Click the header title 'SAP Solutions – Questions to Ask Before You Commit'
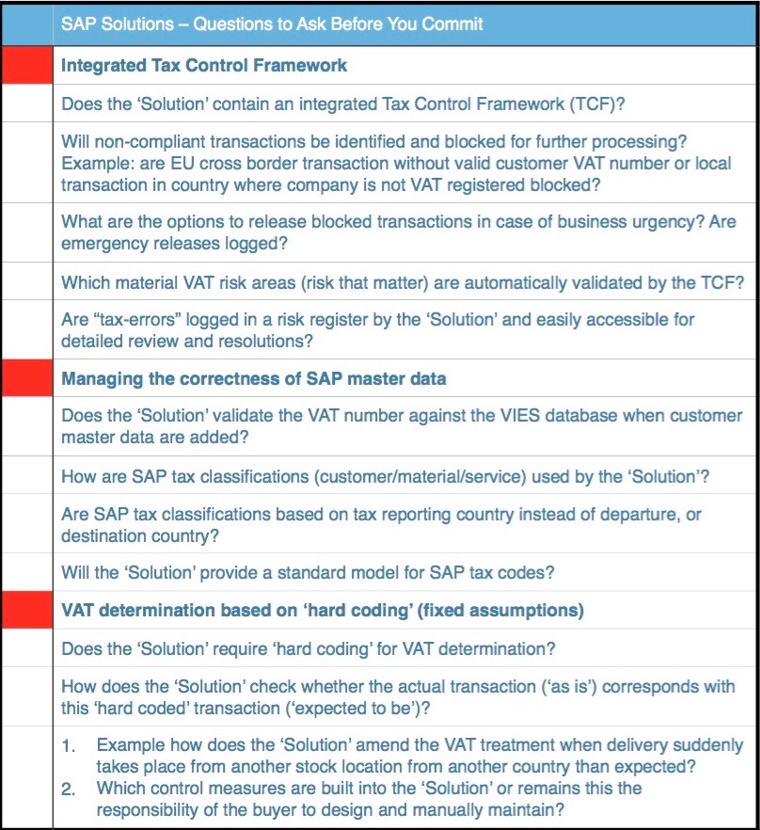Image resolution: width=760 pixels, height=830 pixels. pyautogui.click(x=272, y=23)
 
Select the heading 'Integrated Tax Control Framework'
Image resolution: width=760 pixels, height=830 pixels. pyautogui.click(x=204, y=66)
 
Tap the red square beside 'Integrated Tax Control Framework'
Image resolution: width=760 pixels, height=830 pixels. pyautogui.click(x=26, y=66)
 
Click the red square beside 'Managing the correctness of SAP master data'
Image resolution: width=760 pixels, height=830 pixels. pyautogui.click(x=26, y=379)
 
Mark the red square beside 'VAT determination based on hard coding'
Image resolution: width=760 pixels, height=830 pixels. pyautogui.click(x=26, y=611)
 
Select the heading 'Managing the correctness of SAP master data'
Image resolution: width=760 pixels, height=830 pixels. pyautogui.click(x=254, y=379)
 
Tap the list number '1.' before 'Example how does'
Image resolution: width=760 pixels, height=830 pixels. pyautogui.click(x=70, y=746)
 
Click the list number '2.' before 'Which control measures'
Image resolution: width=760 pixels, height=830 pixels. pyautogui.click(x=70, y=789)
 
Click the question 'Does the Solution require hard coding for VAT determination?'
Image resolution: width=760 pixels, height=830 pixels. pyautogui.click(x=309, y=648)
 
